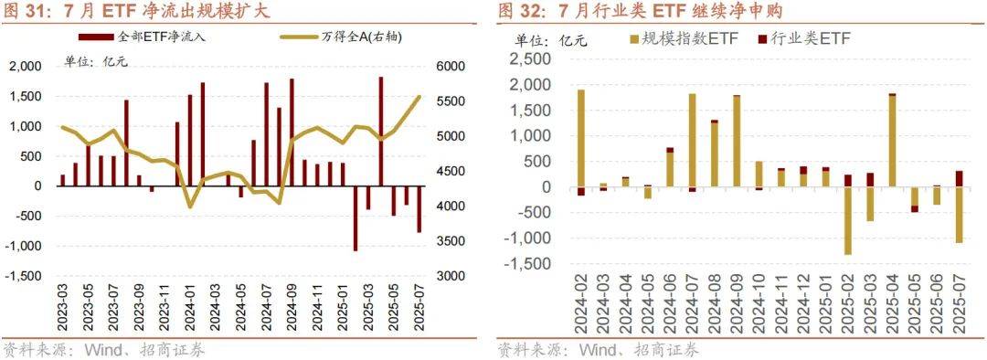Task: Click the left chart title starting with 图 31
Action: [x=137, y=11]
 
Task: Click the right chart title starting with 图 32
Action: [x=640, y=11]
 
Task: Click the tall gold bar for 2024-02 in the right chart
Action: [x=580, y=138]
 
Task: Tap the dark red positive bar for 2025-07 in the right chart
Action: [x=959, y=179]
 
